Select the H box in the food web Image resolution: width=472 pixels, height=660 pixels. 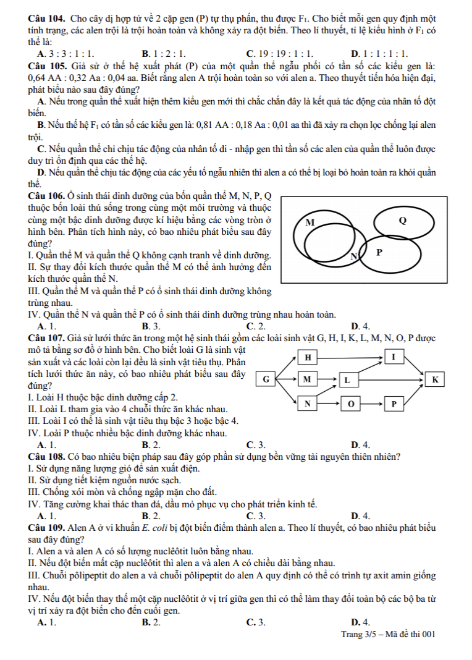pos(307,357)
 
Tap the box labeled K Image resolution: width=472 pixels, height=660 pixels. pos(434,378)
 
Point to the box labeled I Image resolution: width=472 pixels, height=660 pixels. pos(393,357)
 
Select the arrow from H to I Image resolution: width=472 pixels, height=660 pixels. pos(350,357)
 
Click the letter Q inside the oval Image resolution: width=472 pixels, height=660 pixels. pos(403,221)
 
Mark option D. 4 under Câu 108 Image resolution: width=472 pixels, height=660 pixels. pos(360,515)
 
